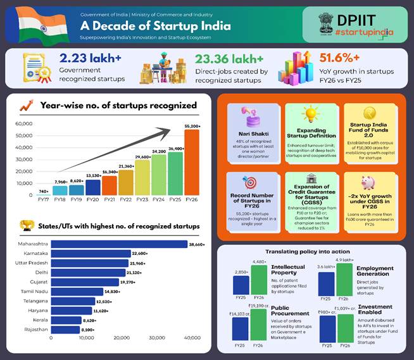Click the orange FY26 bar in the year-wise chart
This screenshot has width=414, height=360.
(191, 163)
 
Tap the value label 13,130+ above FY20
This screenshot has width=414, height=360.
(93, 175)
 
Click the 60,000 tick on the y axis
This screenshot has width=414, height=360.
(23, 123)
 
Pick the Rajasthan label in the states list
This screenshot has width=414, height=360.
(36, 330)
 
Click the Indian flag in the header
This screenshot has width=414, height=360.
(33, 24)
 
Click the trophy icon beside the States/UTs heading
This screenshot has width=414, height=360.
(26, 225)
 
